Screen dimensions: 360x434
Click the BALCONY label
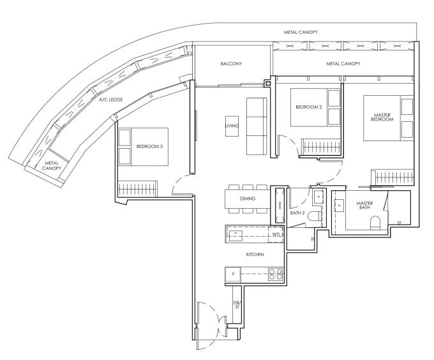tap(230, 64)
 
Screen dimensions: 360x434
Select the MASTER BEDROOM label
tap(382, 117)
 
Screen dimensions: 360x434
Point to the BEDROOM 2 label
tap(308, 107)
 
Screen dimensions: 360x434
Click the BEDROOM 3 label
tap(149, 147)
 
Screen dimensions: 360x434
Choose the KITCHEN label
tap(255, 255)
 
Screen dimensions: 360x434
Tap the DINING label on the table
tap(248, 199)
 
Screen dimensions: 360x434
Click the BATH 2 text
tap(297, 213)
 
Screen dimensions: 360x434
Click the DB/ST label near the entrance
tap(236, 304)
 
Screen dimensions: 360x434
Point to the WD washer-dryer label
tap(276, 235)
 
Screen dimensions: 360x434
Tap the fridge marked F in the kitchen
tap(233, 275)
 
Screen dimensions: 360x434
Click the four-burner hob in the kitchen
tap(275, 275)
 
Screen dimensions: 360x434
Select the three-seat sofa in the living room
tap(257, 126)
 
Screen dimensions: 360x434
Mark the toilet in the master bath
tap(375, 223)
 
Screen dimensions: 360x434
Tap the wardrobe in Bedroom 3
tap(138, 190)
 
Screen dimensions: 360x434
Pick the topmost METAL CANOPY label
tap(300, 32)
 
